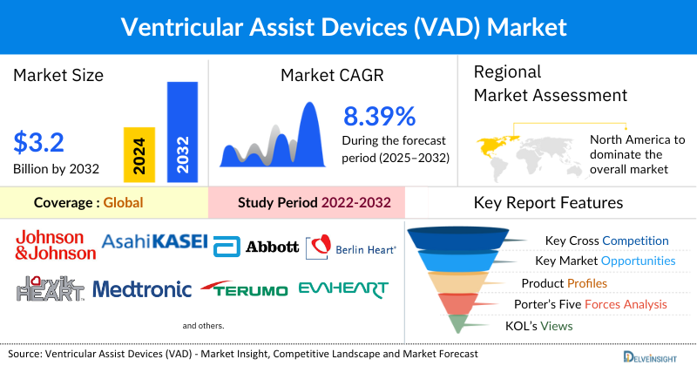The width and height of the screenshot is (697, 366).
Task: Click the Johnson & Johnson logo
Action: click(55, 245)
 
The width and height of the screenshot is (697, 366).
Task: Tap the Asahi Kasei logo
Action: click(154, 241)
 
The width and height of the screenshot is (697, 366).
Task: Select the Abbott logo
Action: click(255, 247)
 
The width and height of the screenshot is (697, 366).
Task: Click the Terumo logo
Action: click(242, 288)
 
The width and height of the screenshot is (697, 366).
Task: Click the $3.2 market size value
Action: click(40, 141)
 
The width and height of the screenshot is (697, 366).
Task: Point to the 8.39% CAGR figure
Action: click(379, 117)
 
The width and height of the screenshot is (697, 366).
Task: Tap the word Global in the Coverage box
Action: click(123, 203)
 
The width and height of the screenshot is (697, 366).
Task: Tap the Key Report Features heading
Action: click(548, 203)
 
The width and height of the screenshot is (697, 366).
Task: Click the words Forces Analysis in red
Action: click(626, 304)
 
